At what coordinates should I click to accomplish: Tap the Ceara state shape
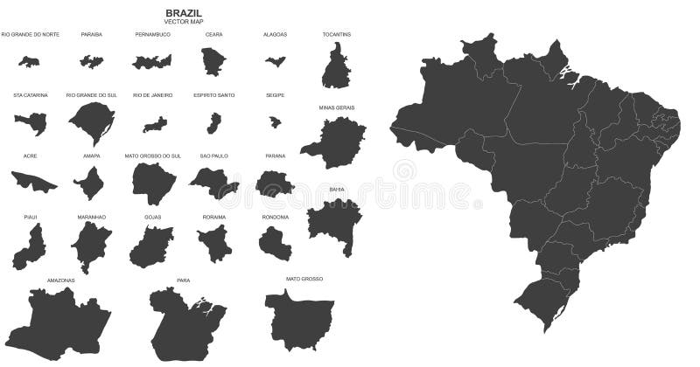pyautogui.click(x=214, y=60)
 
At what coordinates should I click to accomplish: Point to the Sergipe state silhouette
pyautogui.click(x=275, y=122)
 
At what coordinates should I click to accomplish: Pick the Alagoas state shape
pyautogui.click(x=276, y=62)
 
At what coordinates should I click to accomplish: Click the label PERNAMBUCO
pyautogui.click(x=152, y=34)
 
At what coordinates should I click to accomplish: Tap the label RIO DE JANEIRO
pyautogui.click(x=152, y=95)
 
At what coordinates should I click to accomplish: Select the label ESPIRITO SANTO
pyautogui.click(x=214, y=95)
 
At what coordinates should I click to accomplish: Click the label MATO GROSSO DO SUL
pyautogui.click(x=152, y=156)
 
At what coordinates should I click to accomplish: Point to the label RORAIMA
pyautogui.click(x=214, y=217)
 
